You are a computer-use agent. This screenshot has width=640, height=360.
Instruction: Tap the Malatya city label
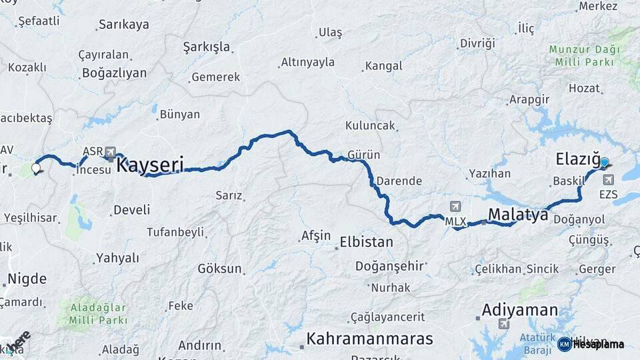[x=518, y=215]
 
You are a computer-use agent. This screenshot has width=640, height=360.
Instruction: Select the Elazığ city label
[x=577, y=159]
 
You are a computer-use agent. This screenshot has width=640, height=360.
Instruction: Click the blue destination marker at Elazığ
[x=604, y=162]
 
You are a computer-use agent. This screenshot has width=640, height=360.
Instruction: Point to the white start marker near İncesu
[x=35, y=168]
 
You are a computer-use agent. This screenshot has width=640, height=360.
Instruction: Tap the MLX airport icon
[x=455, y=206]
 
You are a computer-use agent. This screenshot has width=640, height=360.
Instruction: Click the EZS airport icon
[x=608, y=180]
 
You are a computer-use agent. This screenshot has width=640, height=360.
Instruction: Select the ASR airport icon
[x=109, y=152]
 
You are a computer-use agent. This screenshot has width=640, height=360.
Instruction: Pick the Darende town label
[x=399, y=181]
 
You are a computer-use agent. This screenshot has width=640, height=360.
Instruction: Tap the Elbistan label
[x=366, y=241]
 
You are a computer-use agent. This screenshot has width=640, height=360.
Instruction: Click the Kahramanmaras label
[x=369, y=339]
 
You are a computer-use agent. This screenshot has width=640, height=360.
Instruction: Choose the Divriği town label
[x=477, y=43]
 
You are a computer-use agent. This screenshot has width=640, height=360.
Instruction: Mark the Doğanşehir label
[x=390, y=266]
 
